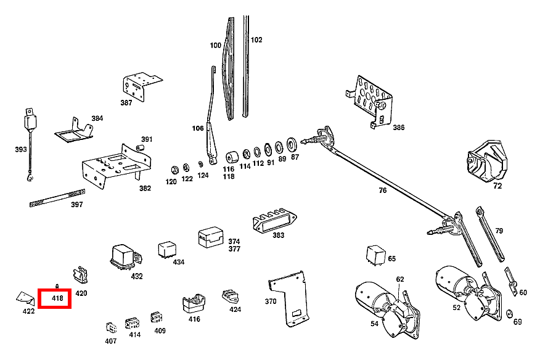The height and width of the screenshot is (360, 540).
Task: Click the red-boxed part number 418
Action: point(57,299)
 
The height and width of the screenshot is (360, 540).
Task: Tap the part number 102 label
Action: point(256,40)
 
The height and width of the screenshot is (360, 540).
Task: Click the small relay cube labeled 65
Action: point(375,255)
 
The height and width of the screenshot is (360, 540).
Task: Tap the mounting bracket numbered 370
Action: point(288,299)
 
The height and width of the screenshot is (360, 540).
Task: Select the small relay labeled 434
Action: point(166,249)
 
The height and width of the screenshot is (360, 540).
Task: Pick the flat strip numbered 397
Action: point(55,198)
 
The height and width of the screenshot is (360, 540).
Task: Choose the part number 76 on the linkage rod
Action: point(383,190)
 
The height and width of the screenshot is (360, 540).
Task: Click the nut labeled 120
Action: point(173,168)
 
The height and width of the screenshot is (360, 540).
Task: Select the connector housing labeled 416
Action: point(193,303)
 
